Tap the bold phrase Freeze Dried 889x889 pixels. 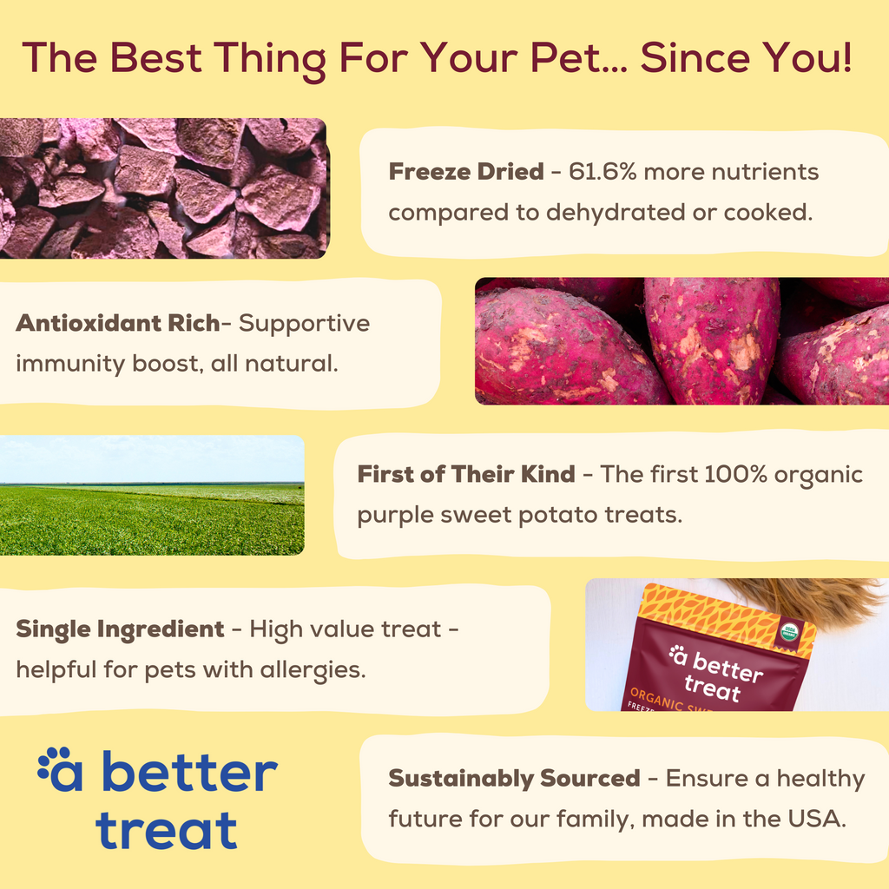tap(465, 172)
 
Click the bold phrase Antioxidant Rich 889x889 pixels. tap(117, 324)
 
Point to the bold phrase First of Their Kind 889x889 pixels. tap(465, 475)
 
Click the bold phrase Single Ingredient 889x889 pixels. tap(120, 629)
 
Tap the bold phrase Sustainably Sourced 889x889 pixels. tap(514, 779)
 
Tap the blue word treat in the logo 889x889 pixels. tap(166, 830)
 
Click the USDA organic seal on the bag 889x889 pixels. tap(788, 631)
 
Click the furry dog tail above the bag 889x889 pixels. tap(807, 599)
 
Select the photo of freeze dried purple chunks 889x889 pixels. tap(163, 188)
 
